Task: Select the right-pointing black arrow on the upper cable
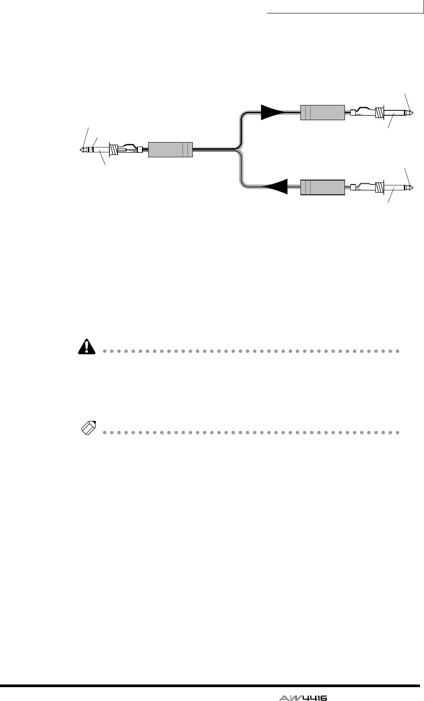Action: (272, 112)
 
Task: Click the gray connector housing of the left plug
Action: (170, 150)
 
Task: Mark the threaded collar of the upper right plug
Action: (380, 113)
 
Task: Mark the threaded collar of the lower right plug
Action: (380, 187)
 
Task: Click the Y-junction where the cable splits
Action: (241, 149)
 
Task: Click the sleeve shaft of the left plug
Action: (103, 150)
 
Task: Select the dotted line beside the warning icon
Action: (250, 351)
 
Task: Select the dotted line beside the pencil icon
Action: (250, 432)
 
